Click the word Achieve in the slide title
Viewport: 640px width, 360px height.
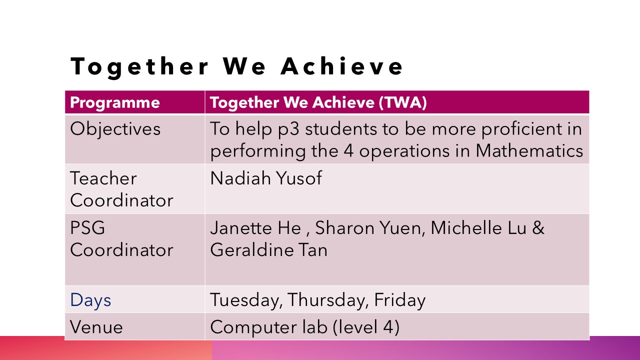tap(341, 66)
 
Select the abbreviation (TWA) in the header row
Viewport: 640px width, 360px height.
tap(403, 102)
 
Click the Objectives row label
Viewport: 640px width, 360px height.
tap(115, 129)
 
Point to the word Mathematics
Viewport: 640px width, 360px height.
tap(529, 150)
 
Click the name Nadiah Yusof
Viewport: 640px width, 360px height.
tap(266, 178)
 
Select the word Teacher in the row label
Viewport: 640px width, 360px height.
tap(103, 178)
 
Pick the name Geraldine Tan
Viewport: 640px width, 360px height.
tap(268, 249)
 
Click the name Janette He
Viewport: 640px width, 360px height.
tap(255, 228)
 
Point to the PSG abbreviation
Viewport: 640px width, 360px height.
tap(87, 227)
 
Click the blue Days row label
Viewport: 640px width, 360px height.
tap(90, 300)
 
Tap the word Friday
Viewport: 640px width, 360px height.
tap(399, 300)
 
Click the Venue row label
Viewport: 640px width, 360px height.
tap(96, 327)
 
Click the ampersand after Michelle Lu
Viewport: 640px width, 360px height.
tap(538, 227)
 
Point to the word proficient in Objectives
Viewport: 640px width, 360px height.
tap(521, 129)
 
